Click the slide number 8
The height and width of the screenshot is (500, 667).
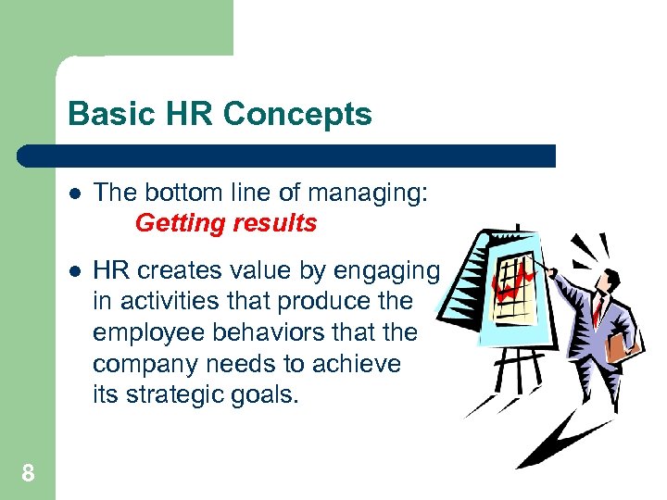click(x=28, y=474)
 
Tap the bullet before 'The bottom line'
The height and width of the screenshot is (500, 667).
click(x=74, y=194)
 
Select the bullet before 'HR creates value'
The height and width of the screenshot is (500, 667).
click(x=74, y=270)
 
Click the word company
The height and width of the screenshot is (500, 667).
click(x=144, y=364)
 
